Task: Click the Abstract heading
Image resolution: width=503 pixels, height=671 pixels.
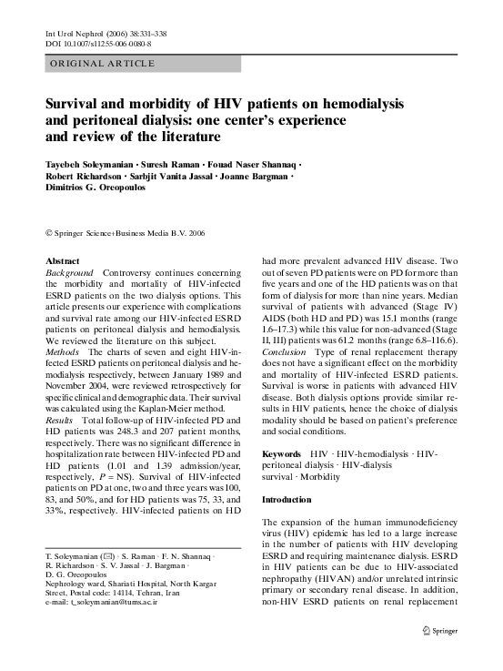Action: click(62, 260)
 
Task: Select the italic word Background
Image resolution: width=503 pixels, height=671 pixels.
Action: click(69, 272)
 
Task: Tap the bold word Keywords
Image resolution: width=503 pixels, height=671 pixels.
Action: click(281, 452)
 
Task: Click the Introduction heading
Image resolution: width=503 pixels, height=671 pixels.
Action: click(292, 501)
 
